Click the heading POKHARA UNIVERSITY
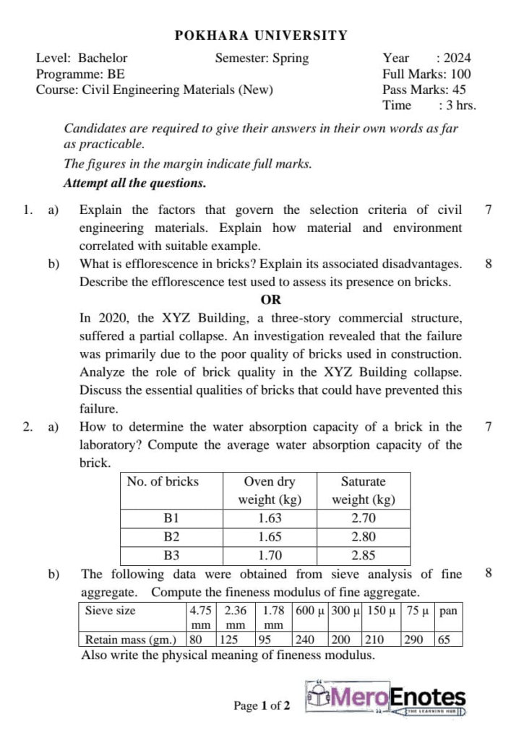click(262, 35)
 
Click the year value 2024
click(457, 59)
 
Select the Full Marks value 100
click(460, 74)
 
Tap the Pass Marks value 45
click(458, 90)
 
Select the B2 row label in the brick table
click(171, 537)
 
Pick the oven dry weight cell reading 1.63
click(269, 518)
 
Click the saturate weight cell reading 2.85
click(363, 556)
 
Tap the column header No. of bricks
click(163, 481)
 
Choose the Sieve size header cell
click(110, 611)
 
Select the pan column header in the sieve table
click(448, 611)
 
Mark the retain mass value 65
click(444, 640)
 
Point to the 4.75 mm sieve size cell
click(200, 616)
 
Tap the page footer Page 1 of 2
click(262, 705)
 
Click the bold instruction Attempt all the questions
click(134, 183)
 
